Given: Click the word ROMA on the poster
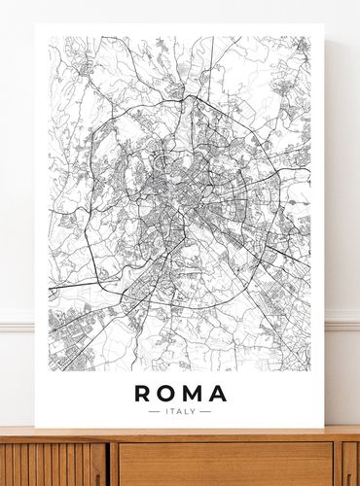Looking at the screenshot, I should pos(180,394).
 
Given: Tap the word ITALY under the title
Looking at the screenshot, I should pos(180,412).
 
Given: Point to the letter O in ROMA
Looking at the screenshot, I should pos(167,394).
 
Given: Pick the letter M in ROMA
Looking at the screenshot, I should pos(193,394).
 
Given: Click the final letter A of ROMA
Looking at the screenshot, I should pos(217,394).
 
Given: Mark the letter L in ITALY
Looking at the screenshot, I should pos(187,412).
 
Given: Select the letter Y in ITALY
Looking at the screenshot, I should pos(194,412).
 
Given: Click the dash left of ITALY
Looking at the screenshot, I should pos(154,412).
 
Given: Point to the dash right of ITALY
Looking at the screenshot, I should pos(205,412).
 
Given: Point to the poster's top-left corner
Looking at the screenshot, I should pos(36,24).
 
